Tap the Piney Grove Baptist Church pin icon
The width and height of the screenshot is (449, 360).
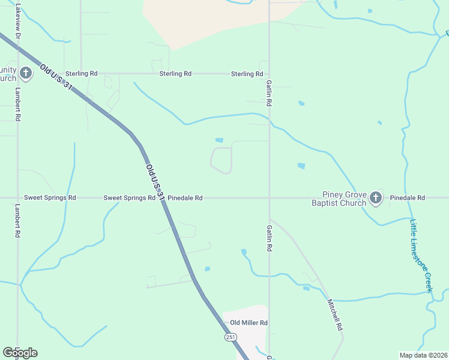[376, 197]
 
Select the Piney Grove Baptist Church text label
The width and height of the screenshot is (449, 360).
[343, 199]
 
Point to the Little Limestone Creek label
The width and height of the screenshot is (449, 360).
[421, 256]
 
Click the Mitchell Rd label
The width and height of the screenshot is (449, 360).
[334, 316]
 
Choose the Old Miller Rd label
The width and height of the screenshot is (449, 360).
[249, 323]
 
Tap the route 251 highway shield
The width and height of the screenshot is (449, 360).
[231, 338]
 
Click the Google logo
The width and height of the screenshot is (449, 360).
[20, 353]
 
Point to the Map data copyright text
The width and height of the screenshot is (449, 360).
[424, 355]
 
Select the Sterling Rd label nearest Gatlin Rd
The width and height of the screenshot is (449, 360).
[247, 74]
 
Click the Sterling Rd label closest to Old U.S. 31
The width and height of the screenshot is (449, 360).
[82, 74]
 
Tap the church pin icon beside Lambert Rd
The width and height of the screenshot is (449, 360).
[25, 74]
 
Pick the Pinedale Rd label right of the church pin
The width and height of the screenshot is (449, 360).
[408, 197]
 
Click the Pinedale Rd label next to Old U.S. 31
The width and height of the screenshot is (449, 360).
[185, 197]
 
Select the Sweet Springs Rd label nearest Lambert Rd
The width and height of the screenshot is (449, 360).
[50, 197]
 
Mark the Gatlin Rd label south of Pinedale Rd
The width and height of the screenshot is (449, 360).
[270, 238]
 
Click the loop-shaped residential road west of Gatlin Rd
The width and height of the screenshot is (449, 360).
[221, 161]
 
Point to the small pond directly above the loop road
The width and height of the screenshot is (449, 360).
[219, 140]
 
